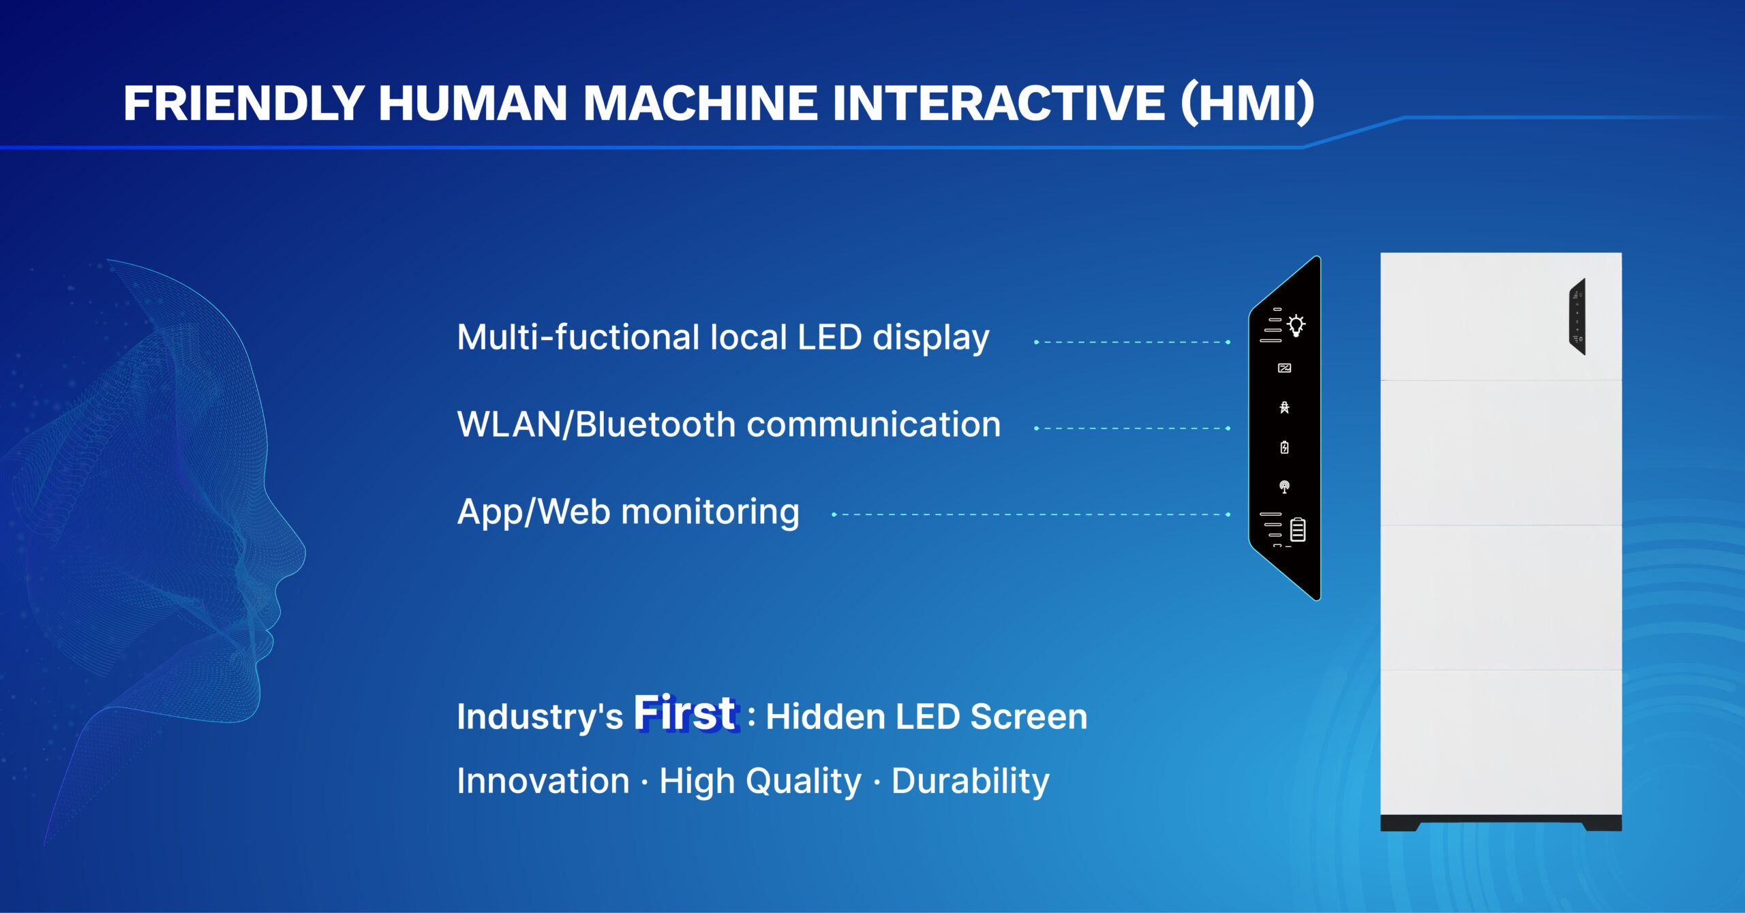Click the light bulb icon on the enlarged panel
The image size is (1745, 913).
click(1296, 325)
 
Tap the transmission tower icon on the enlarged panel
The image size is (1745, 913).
click(1284, 407)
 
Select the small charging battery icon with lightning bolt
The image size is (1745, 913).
click(1284, 447)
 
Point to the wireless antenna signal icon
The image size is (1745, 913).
click(1284, 486)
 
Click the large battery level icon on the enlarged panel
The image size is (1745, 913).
click(1298, 529)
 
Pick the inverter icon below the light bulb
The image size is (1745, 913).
click(1284, 368)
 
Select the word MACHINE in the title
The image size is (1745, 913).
click(700, 104)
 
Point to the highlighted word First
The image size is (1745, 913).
click(685, 713)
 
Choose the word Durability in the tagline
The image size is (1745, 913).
click(970, 781)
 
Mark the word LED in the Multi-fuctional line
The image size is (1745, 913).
click(830, 337)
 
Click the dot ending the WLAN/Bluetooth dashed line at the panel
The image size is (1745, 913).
click(1228, 429)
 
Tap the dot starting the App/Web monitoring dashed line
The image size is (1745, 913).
click(834, 514)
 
